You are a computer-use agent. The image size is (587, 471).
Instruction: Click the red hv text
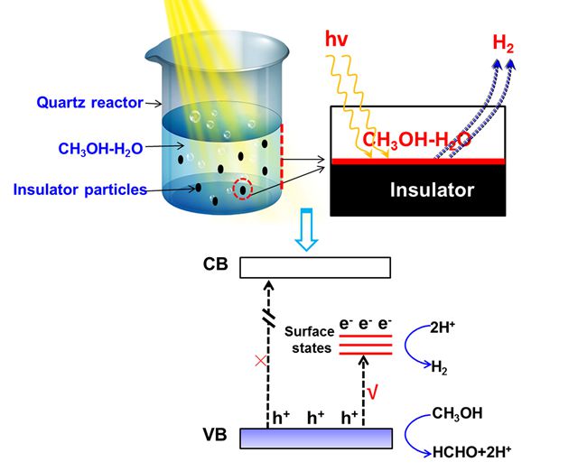click(338, 40)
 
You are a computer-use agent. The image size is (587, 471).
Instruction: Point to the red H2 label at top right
click(503, 42)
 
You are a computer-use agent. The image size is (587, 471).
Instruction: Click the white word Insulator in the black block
click(432, 190)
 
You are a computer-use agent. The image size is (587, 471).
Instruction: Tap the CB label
click(217, 267)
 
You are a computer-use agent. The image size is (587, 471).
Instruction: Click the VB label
click(217, 439)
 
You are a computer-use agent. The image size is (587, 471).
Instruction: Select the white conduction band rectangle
click(316, 268)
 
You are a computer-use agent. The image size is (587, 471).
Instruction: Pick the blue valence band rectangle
click(316, 438)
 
